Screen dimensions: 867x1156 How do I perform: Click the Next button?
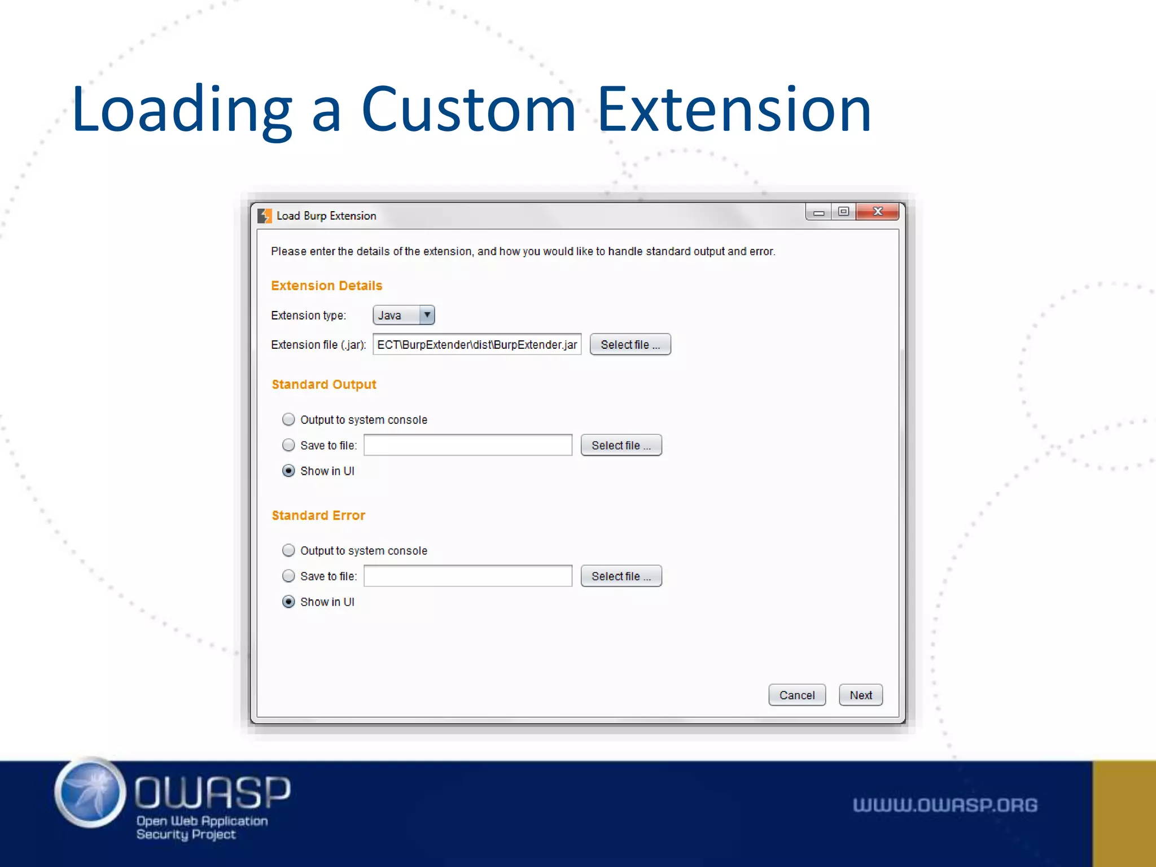point(860,695)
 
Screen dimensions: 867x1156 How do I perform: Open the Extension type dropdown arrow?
point(427,315)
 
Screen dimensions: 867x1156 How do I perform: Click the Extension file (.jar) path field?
point(477,344)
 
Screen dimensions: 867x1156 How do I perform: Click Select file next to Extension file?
point(630,344)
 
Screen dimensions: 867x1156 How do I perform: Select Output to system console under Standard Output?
point(288,419)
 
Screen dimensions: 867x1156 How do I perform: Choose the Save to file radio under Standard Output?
point(288,445)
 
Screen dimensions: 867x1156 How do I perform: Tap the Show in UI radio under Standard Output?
point(288,471)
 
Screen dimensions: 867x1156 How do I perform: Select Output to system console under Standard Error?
point(288,550)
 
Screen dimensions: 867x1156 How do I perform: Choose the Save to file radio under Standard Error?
point(288,576)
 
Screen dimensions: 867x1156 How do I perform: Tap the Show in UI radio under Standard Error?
point(288,602)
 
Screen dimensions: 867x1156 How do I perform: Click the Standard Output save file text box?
point(468,445)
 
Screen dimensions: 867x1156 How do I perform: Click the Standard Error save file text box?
point(468,576)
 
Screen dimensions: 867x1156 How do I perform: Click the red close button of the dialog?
point(877,212)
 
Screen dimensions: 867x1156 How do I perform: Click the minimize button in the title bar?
point(818,212)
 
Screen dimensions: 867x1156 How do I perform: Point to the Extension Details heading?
point(326,286)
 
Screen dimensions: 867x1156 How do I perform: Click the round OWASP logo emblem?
point(90,792)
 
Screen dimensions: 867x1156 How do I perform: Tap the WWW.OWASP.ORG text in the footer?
point(945,805)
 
